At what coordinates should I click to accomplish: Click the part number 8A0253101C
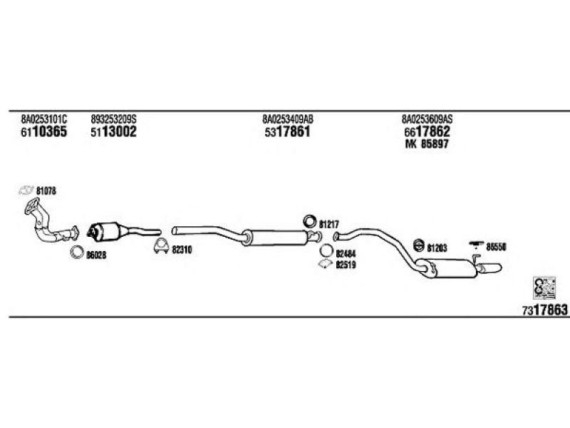click(44, 119)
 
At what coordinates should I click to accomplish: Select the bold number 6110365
click(44, 132)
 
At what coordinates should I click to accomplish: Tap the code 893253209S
click(113, 119)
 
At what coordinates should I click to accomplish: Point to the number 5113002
click(113, 132)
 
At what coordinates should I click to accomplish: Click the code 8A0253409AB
click(288, 119)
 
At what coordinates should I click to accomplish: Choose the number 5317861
click(288, 132)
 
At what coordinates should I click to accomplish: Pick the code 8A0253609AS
click(427, 119)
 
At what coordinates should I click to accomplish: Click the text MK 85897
click(427, 144)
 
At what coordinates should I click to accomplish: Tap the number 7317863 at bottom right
click(544, 310)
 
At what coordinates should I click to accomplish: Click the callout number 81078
click(46, 190)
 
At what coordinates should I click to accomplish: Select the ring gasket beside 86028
click(77, 252)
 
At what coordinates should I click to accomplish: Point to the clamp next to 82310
click(161, 246)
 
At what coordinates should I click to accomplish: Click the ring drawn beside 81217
click(310, 221)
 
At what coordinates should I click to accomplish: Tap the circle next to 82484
click(326, 251)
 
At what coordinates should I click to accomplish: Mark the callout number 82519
click(346, 265)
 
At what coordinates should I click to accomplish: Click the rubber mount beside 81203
click(419, 245)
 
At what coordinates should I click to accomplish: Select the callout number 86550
click(496, 247)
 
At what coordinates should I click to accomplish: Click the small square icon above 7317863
click(544, 288)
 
